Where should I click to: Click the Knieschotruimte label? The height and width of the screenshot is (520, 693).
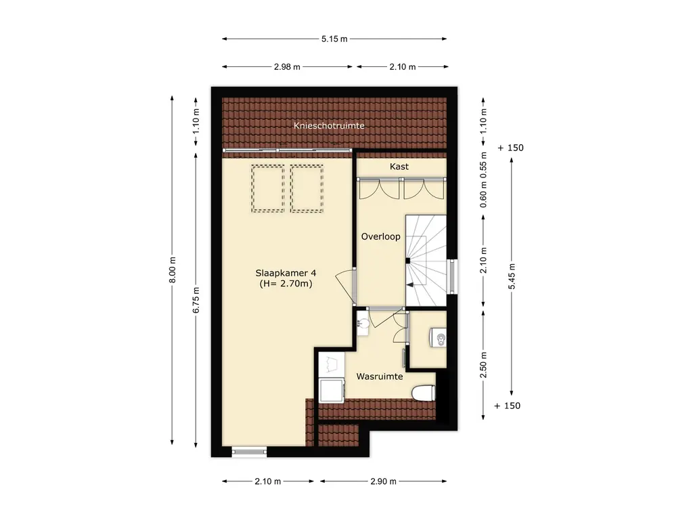tap(329, 125)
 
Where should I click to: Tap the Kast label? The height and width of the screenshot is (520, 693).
tap(399, 167)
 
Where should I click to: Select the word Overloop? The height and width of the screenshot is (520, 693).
tap(380, 236)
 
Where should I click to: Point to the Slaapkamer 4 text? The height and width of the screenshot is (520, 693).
tap(286, 274)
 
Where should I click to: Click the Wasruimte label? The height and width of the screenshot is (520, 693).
tap(380, 376)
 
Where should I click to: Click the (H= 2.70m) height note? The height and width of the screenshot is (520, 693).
tap(286, 284)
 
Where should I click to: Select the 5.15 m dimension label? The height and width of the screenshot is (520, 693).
tap(334, 39)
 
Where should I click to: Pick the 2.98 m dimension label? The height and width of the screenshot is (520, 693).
tap(287, 67)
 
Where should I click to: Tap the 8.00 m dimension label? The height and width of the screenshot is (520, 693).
tap(173, 269)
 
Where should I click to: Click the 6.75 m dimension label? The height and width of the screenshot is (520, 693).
tap(196, 300)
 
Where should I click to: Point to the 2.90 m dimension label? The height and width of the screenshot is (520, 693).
tap(383, 481)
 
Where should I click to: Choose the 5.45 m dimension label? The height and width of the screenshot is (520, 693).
tap(512, 276)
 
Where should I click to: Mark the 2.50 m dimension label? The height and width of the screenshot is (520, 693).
tap(483, 365)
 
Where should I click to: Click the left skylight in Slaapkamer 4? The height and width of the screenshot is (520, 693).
tap(268, 188)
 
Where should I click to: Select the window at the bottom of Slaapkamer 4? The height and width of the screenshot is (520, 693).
tap(249, 452)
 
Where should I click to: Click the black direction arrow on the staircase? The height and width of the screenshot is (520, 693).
tap(411, 285)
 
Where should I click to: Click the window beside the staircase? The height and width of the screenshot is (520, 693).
tap(451, 277)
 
